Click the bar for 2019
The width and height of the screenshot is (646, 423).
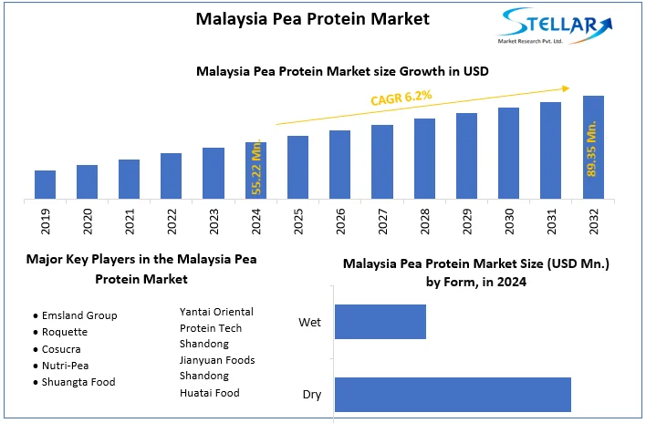[x=45, y=184]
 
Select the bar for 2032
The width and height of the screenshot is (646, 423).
[x=593, y=147]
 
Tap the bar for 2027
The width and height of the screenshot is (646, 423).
[x=382, y=161]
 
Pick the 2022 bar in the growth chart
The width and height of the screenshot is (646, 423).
[x=172, y=175]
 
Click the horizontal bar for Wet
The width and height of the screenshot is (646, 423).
[x=380, y=322]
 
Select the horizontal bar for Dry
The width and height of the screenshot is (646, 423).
[x=453, y=394]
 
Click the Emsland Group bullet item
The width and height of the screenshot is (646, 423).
[x=79, y=315]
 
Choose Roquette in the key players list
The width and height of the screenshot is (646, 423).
[x=67, y=332]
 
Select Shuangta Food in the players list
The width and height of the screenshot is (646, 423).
[x=78, y=382]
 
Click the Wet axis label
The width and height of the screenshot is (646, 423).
[x=309, y=323]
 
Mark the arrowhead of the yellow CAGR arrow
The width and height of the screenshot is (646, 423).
[x=566, y=87]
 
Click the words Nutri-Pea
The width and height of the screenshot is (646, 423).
[x=67, y=366]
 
